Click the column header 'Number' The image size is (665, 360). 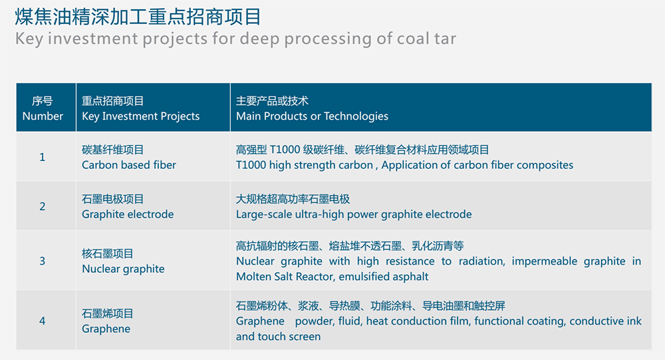[x=43, y=116]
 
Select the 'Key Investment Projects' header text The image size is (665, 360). [x=140, y=116]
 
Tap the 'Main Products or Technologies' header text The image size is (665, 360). [x=312, y=116]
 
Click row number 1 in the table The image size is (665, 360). [x=43, y=157]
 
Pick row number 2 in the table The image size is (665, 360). [x=43, y=206]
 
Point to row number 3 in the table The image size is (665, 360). [x=43, y=261]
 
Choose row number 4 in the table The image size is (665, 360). [x=43, y=321]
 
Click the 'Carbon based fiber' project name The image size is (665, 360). [x=129, y=165]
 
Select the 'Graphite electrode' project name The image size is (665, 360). [x=128, y=214]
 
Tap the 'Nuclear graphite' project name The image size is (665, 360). [x=123, y=269]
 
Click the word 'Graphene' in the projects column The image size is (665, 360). [x=106, y=329]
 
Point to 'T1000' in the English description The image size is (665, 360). [x=251, y=165]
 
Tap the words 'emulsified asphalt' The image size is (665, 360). [x=384, y=277]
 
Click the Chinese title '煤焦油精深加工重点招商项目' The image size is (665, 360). [x=138, y=17]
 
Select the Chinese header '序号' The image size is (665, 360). [x=43, y=101]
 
